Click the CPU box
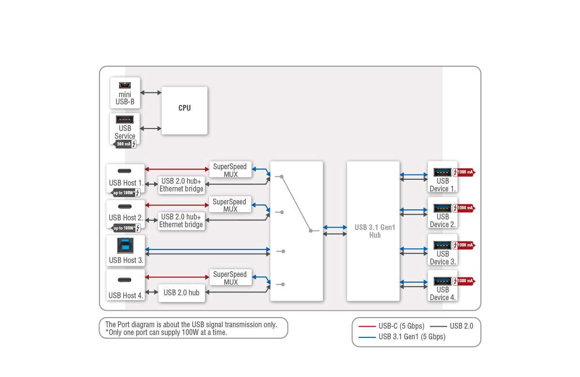click(x=184, y=110)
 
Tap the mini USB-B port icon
click(x=125, y=86)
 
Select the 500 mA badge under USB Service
click(x=125, y=144)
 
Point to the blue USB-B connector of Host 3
click(x=126, y=246)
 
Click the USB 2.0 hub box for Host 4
click(x=181, y=292)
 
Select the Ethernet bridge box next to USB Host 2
click(x=181, y=221)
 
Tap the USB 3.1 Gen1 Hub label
click(x=375, y=231)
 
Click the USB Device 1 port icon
click(x=442, y=172)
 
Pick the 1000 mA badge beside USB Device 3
click(x=465, y=245)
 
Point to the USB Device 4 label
click(x=443, y=294)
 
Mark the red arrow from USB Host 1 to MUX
click(x=177, y=169)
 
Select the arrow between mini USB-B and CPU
click(x=151, y=92)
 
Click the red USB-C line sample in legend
click(x=367, y=326)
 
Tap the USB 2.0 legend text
click(x=461, y=326)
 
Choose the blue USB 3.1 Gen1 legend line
click(x=367, y=337)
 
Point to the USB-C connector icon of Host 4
click(x=125, y=280)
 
